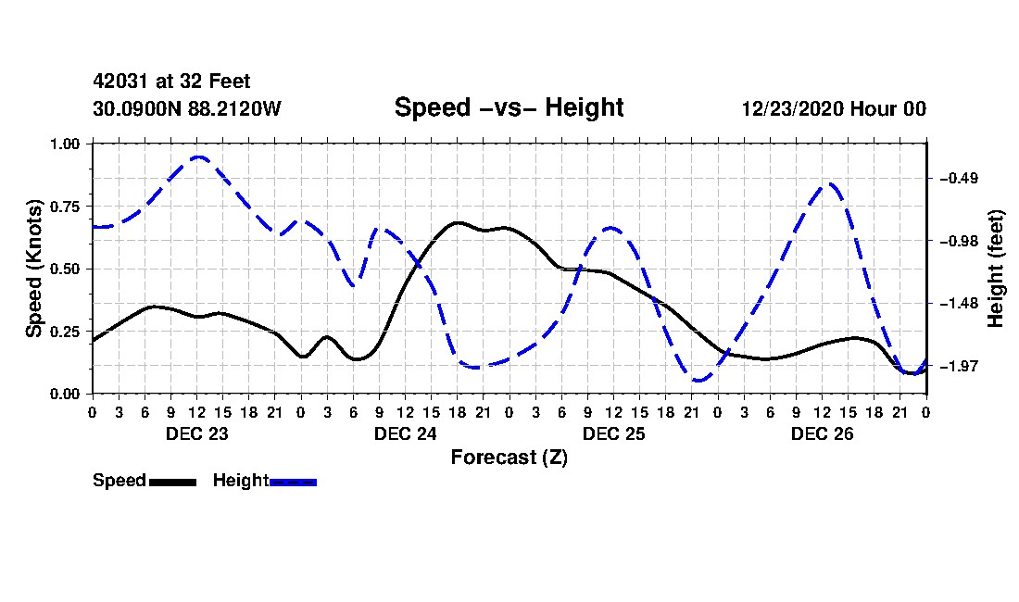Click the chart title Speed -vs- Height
point(509,107)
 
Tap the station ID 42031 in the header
point(120,82)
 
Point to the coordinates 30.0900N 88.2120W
point(186,108)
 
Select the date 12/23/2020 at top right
point(792,108)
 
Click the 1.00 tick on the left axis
point(65,144)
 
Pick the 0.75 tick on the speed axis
point(65,207)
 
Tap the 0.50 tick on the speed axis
point(65,269)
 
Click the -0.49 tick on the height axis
point(959,179)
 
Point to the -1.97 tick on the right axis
point(959,366)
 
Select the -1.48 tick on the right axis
point(959,304)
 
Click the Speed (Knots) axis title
point(33,269)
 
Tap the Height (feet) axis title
point(996,269)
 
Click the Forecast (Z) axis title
point(509,458)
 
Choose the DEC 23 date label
point(197,433)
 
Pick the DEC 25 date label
point(613,433)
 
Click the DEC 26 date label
point(822,433)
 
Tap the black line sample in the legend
point(173,482)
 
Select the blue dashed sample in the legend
point(293,482)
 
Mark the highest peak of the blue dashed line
point(198,157)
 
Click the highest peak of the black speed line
point(459,223)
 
